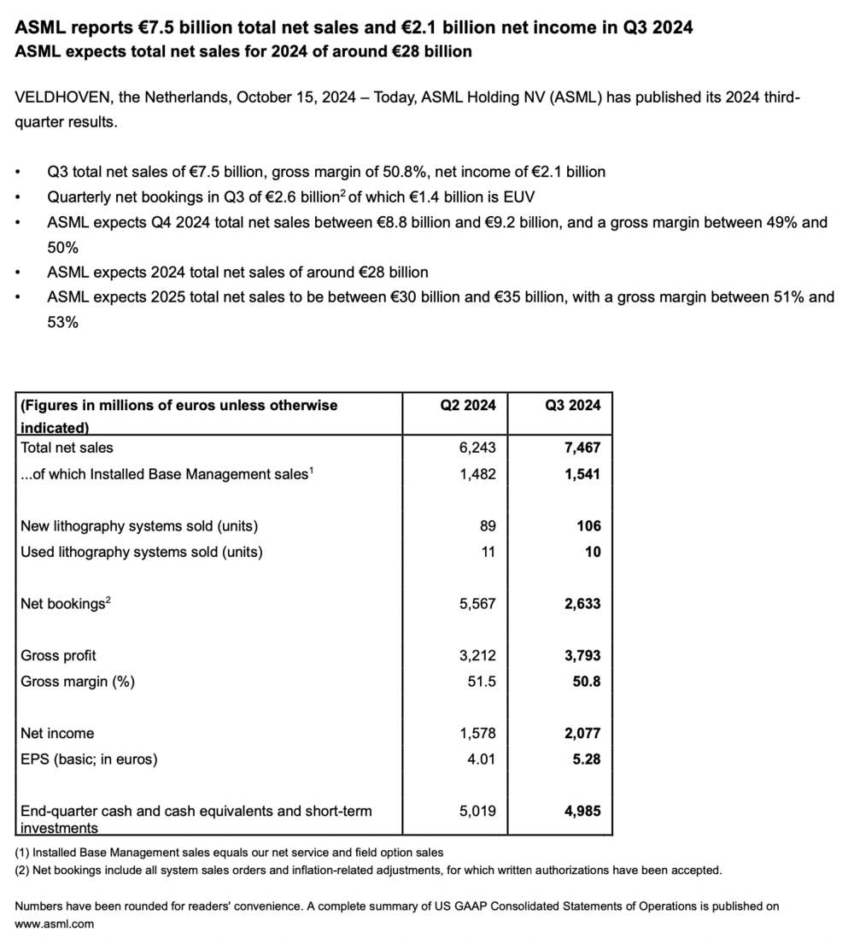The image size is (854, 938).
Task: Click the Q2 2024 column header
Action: [467, 405]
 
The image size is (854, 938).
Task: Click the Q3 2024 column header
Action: [572, 405]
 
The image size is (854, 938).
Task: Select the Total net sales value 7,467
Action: [582, 447]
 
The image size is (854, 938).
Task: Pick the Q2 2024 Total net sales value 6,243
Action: [477, 447]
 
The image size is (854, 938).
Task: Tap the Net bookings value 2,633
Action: [582, 603]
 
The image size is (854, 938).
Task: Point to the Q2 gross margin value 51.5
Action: [483, 682]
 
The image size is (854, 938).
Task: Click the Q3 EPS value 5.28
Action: [587, 759]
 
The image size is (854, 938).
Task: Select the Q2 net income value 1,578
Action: [477, 733]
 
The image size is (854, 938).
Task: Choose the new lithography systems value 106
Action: [588, 525]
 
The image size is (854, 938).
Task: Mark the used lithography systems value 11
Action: [488, 552]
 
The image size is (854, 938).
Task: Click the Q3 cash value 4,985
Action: [582, 811]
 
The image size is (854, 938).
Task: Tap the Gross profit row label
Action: [58, 655]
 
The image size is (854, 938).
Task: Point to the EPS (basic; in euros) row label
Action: [89, 759]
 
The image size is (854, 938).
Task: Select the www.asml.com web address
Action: [54, 923]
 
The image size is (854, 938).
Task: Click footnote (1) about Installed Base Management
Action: [229, 853]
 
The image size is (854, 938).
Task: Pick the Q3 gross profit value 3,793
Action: [582, 655]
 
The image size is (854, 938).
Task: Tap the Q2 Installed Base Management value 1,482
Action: [477, 473]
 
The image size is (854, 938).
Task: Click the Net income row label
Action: [57, 733]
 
